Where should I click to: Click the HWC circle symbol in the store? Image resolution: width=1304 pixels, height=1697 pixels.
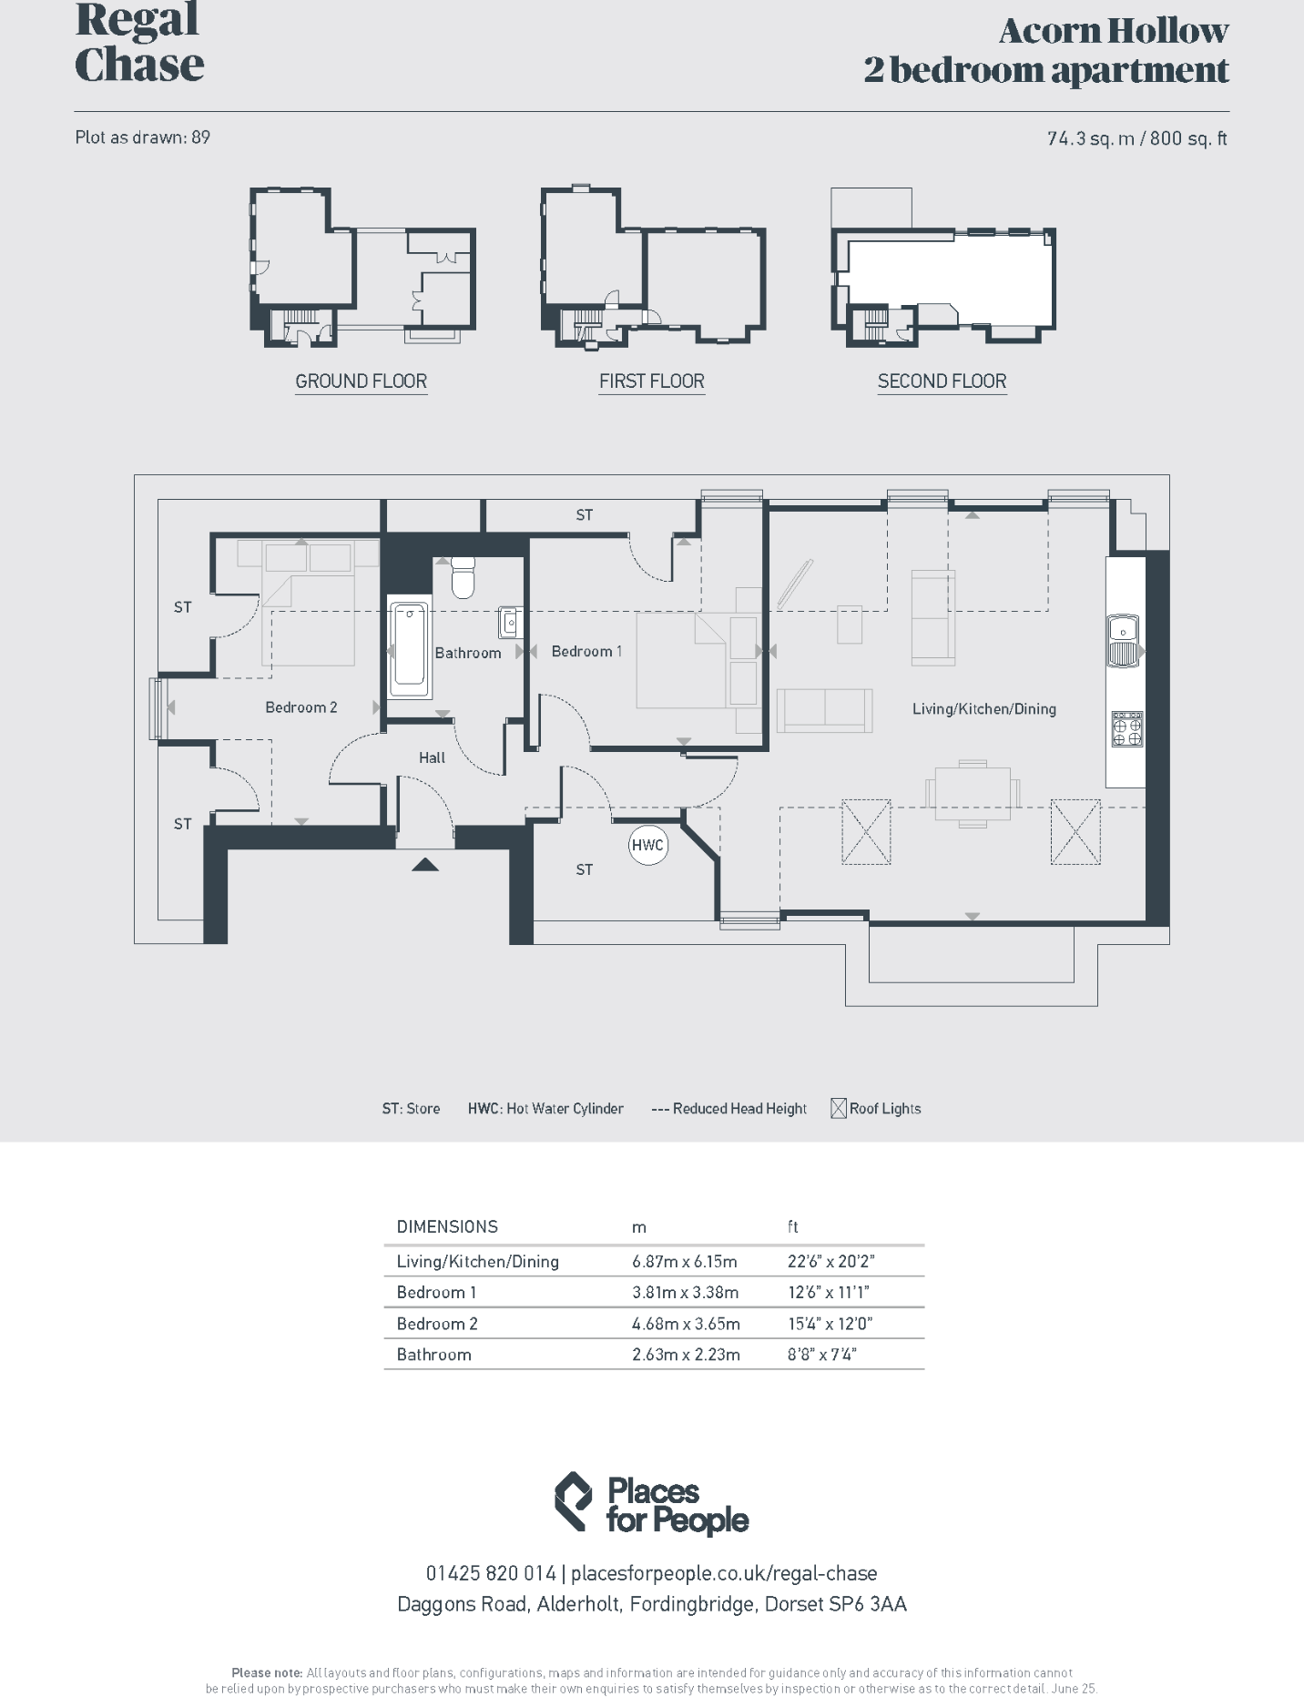pos(647,845)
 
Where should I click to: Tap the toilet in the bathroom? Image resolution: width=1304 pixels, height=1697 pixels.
pos(463,577)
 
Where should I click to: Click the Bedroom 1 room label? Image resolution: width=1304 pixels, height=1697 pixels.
pos(586,651)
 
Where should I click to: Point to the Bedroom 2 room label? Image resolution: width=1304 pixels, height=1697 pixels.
pos(301,707)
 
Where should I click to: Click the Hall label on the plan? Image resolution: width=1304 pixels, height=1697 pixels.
pos(432,757)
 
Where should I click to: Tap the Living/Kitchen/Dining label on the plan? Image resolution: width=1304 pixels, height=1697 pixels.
pos(984,708)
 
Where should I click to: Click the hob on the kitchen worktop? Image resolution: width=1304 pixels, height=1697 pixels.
pos(1126,728)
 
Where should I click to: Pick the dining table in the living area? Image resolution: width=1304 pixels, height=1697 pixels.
pos(972,793)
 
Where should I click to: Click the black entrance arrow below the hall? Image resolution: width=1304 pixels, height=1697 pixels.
pos(425,864)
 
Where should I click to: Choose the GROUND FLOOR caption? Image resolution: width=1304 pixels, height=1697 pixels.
pos(361,381)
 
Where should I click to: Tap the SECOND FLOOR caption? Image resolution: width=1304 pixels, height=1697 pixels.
pos(942,381)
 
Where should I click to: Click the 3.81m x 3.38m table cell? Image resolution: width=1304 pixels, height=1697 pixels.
pos(685,1292)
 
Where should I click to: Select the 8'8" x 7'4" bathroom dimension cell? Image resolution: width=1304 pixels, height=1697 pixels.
pos(821,1354)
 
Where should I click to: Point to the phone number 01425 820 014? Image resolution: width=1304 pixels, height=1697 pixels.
pos(490,1573)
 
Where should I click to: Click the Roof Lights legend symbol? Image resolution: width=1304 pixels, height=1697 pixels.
pos(839,1108)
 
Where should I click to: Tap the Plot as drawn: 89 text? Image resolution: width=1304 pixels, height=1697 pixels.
pos(142,137)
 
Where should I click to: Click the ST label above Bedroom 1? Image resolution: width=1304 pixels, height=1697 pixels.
pos(584,515)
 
